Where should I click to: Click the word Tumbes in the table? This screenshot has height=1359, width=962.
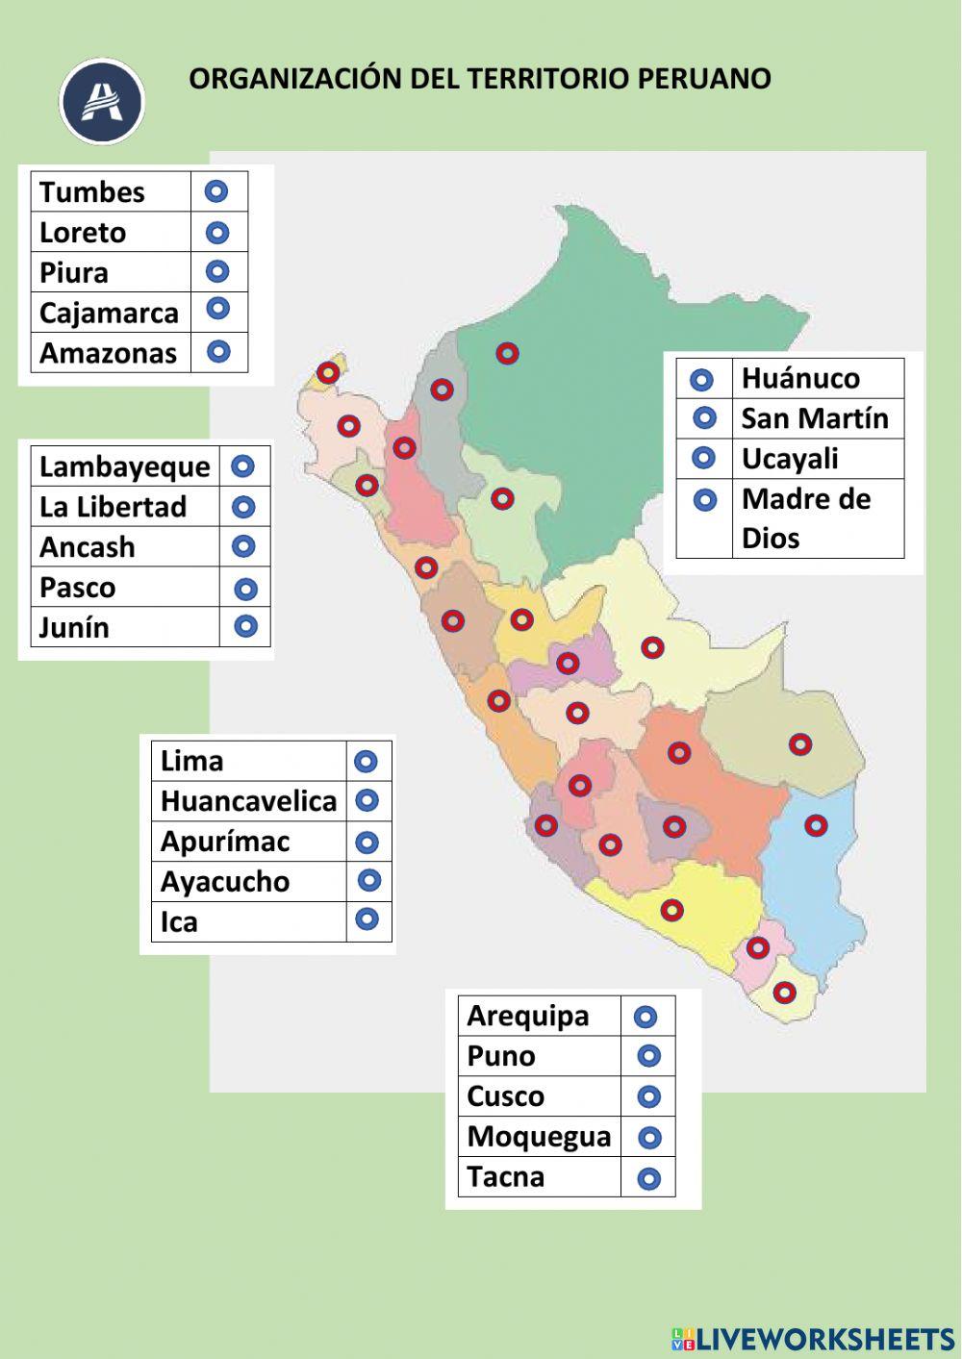click(x=91, y=192)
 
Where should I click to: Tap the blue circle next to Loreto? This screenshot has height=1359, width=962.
click(x=217, y=233)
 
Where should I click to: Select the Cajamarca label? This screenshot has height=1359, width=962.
click(x=109, y=314)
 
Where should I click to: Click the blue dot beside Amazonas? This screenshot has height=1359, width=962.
click(x=218, y=351)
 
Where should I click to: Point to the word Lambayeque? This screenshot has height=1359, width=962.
click(x=124, y=467)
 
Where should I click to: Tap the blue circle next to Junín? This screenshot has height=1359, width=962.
click(x=246, y=627)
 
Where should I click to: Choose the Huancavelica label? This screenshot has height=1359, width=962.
click(x=248, y=801)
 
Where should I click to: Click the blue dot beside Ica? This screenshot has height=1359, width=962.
click(x=367, y=919)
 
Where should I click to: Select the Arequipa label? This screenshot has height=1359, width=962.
click(x=527, y=1016)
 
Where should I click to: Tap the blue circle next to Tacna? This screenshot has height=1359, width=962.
click(x=649, y=1178)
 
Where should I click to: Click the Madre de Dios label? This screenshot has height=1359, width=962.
click(x=806, y=517)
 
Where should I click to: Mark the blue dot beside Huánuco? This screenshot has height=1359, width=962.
click(x=702, y=380)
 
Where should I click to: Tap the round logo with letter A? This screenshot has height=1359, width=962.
click(x=102, y=102)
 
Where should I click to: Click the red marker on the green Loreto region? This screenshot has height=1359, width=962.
click(x=507, y=353)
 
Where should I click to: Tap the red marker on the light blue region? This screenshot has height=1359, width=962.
click(x=816, y=825)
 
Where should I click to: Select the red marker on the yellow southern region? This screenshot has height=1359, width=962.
click(x=671, y=909)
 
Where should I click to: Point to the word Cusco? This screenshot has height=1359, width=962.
click(x=505, y=1096)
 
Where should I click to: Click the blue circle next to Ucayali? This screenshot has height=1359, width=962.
click(x=704, y=459)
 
